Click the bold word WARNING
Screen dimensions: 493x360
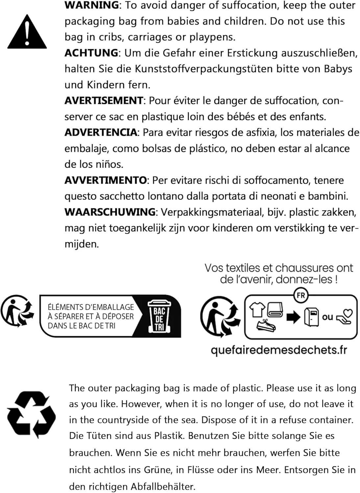pos(92,5)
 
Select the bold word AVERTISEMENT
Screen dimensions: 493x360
pos(104,101)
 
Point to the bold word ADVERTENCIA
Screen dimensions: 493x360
pos(101,132)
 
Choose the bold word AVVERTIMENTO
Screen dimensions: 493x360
pos(106,180)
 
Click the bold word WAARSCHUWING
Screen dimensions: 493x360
pos(110,212)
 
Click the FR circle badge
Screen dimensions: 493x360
pos(300,295)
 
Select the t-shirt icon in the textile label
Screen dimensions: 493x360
pos(257,309)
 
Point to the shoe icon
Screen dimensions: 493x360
pos(266,326)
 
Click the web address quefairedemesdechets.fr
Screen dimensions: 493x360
pos(279,350)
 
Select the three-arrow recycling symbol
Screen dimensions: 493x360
pos(31,414)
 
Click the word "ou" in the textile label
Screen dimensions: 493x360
pos(327,317)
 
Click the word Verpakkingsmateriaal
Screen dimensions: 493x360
pos(220,212)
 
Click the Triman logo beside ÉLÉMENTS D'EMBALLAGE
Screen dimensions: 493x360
pos(17,311)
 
